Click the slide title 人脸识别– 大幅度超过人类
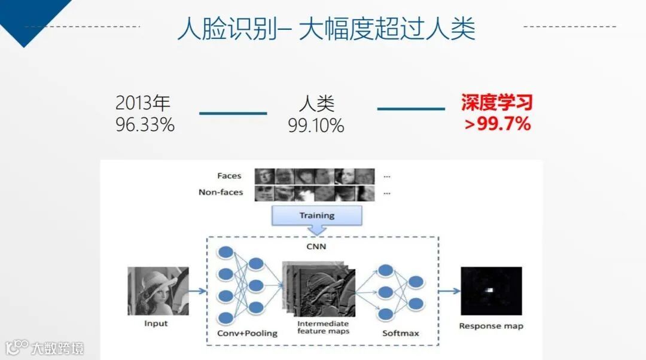coord(326,28)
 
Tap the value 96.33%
coord(145,125)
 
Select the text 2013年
coord(143,103)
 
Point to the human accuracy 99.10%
coord(316,126)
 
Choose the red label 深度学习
coord(496,103)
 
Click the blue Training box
coord(317,215)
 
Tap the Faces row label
coord(229,176)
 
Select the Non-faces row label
coord(221,193)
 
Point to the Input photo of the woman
coord(158,291)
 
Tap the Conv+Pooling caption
coord(247,333)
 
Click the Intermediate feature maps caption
coord(323,327)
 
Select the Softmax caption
coord(400,333)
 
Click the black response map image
coord(491,291)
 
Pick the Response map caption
coord(490,326)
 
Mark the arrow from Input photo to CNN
coord(198,291)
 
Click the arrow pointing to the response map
coord(449,291)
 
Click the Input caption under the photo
coord(156,324)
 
